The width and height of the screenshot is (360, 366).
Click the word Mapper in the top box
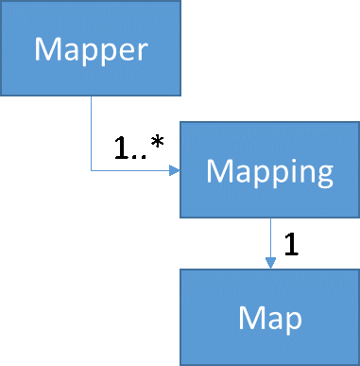coord(91,48)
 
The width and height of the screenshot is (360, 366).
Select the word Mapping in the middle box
coord(269,172)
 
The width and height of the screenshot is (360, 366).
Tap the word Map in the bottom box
coord(270,317)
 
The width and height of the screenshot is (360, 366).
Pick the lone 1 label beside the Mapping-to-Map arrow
coord(291,244)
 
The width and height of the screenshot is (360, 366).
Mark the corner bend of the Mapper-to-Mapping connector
coord(91,171)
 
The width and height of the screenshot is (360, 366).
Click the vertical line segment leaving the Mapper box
coord(91,132)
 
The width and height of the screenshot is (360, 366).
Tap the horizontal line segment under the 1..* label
coord(132,171)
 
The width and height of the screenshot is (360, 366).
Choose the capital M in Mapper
coord(47,48)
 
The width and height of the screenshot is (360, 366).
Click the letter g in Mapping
coord(321,176)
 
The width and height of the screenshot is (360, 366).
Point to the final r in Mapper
coord(143,51)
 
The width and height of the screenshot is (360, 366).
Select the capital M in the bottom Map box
coord(251,317)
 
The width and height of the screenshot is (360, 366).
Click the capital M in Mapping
coord(219,172)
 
